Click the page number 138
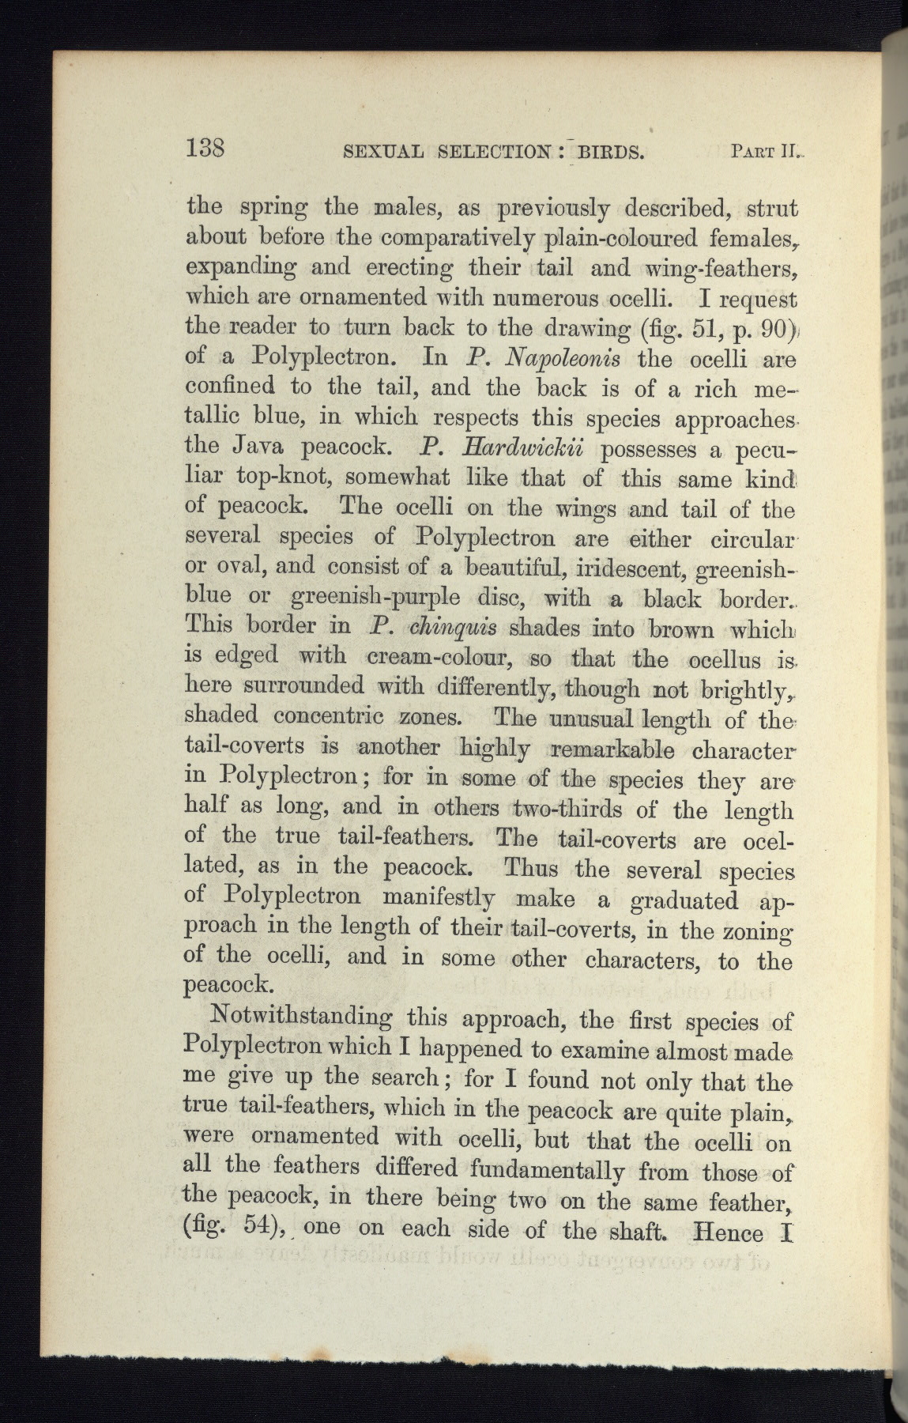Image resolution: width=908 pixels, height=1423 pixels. (207, 148)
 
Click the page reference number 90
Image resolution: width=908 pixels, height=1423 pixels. (770, 325)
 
